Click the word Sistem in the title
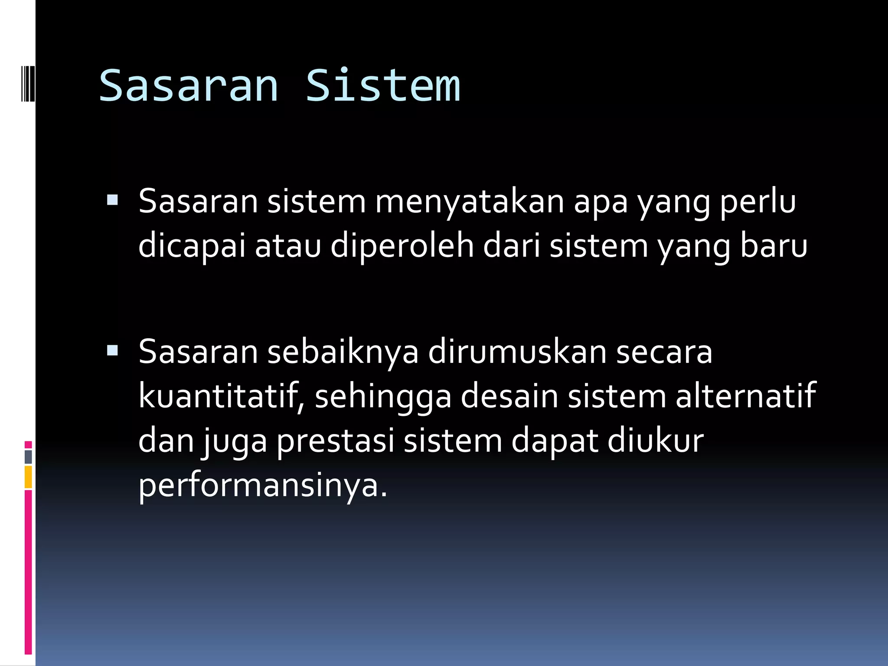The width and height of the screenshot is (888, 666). [383, 86]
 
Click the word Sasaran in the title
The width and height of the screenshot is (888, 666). [189, 86]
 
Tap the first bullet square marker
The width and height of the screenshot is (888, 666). [112, 200]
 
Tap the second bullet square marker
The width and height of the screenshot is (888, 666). [112, 350]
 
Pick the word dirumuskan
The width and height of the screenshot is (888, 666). [517, 352]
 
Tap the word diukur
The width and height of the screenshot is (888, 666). [656, 441]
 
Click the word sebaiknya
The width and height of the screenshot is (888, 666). [343, 352]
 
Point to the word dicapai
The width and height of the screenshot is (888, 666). [192, 246]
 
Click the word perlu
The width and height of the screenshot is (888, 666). [757, 202]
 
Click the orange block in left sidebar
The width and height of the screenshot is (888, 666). [28, 477]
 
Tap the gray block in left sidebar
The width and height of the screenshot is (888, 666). [28, 457]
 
